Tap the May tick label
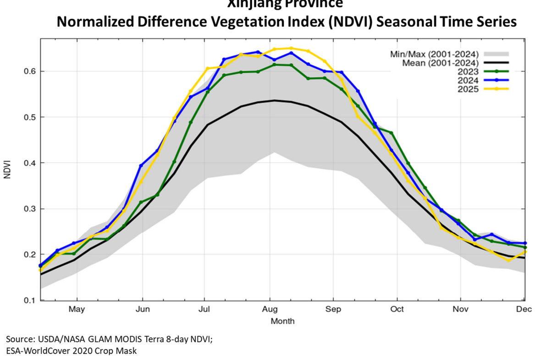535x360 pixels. pyautogui.click(x=77, y=309)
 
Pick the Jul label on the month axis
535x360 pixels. pyautogui.click(x=204, y=309)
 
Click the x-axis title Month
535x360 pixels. pyautogui.click(x=282, y=321)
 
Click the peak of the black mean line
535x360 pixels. pyautogui.click(x=274, y=100)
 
